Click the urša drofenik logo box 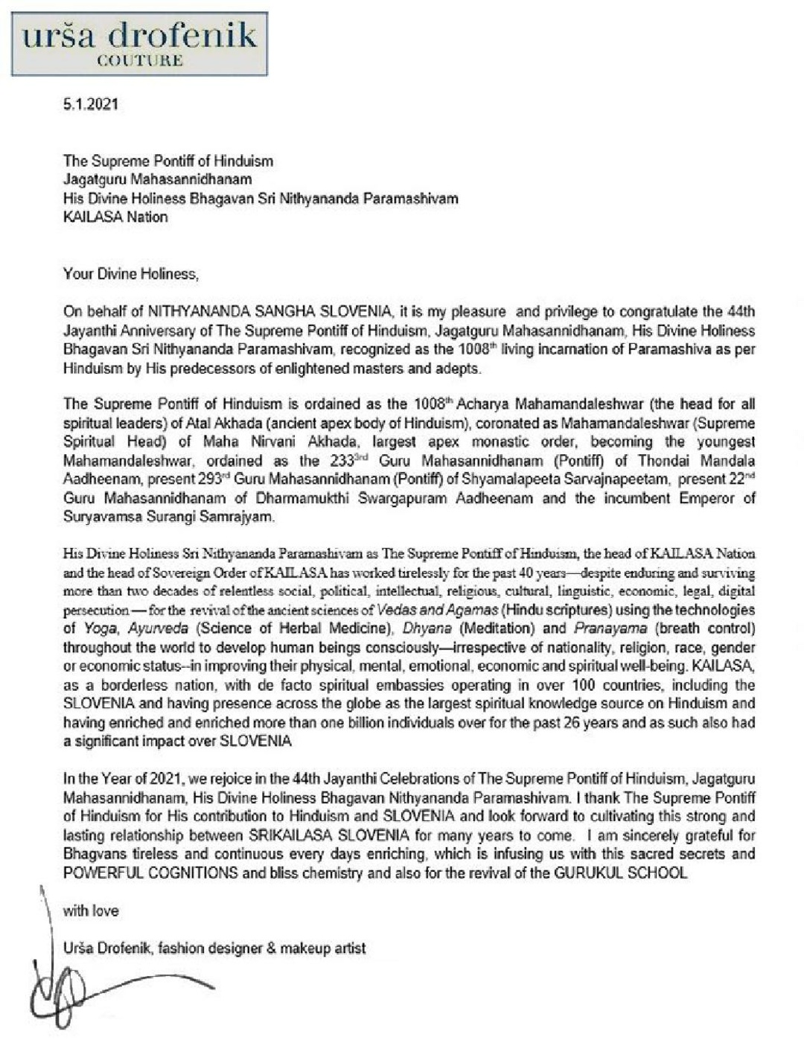click(x=140, y=43)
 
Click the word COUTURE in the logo click(x=140, y=61)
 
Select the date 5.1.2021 click(x=90, y=104)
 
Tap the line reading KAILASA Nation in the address click(x=115, y=217)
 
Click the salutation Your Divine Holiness click(x=131, y=273)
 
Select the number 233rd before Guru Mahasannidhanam click(x=343, y=459)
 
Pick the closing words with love click(x=91, y=910)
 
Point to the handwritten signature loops click(x=60, y=994)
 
